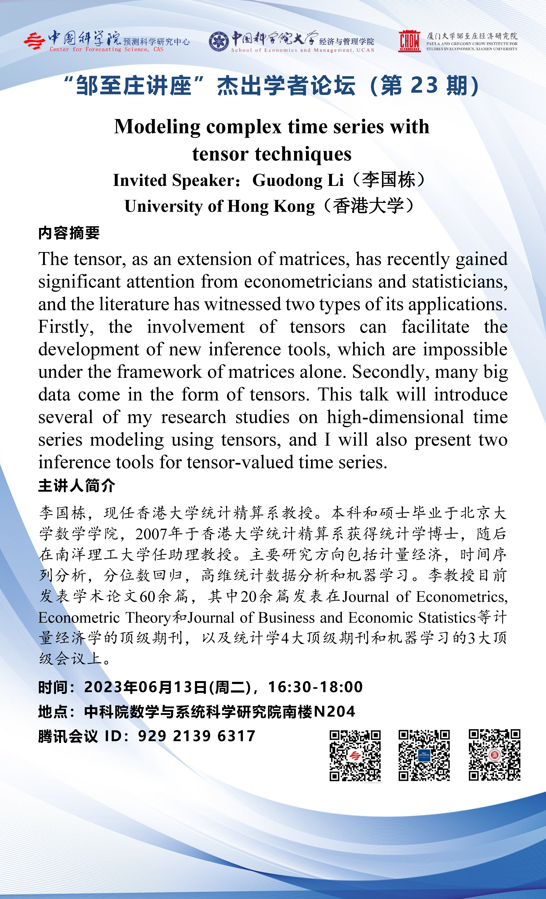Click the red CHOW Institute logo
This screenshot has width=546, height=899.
pyautogui.click(x=409, y=41)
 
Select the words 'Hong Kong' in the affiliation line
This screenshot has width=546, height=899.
pyautogui.click(x=271, y=207)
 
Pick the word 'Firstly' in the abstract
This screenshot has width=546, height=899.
pyautogui.click(x=66, y=327)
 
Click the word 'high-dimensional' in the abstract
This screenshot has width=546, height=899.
pyautogui.click(x=395, y=417)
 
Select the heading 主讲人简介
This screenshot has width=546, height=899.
pyautogui.click(x=77, y=486)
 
